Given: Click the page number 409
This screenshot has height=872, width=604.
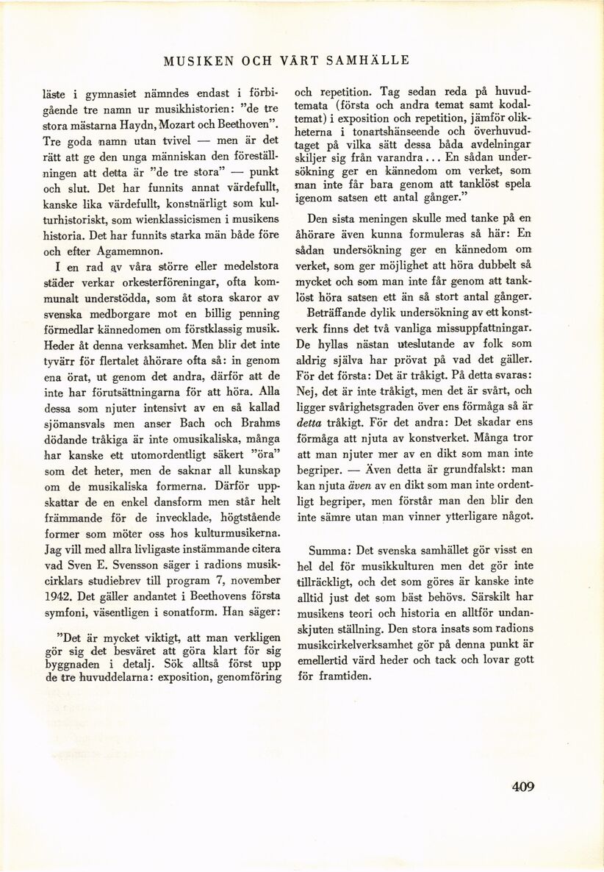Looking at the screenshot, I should [523, 786].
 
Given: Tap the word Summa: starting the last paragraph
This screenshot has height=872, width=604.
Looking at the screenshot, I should [332, 550].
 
